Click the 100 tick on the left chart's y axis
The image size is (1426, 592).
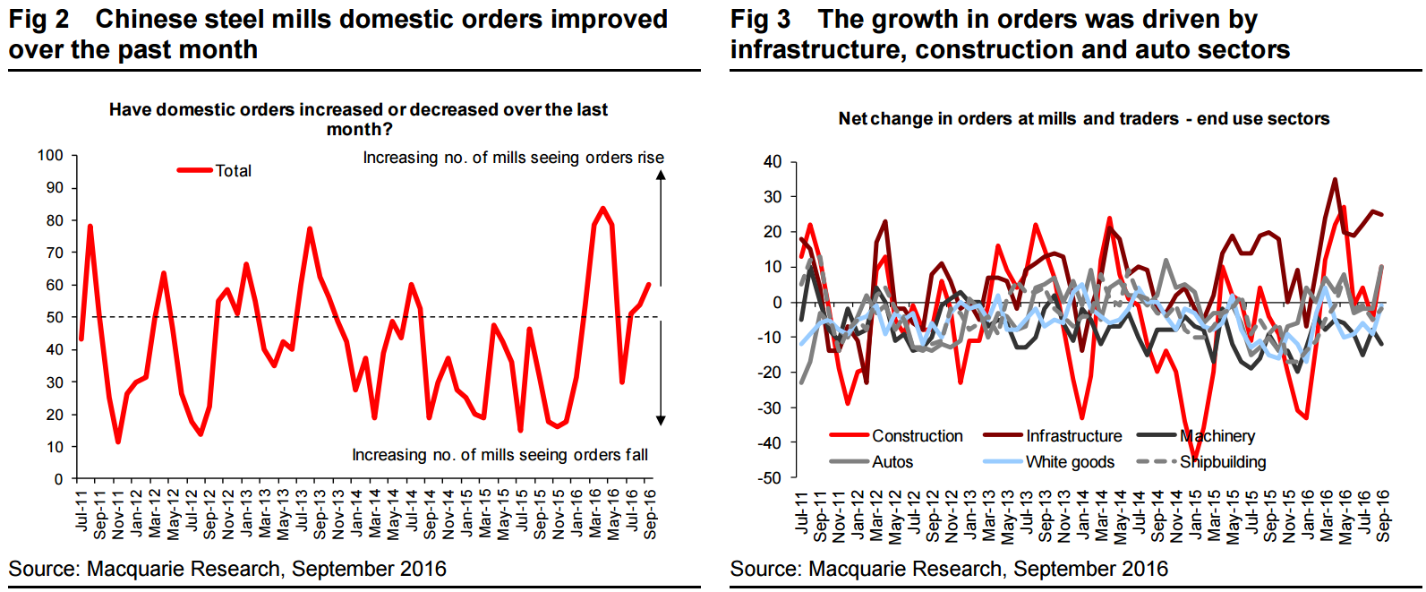coord(50,156)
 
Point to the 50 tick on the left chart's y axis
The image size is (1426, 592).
coord(55,318)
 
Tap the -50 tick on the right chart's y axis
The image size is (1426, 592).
coord(770,478)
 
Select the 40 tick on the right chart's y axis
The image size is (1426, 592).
coord(773,162)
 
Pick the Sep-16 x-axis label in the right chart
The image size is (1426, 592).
coord(1383,515)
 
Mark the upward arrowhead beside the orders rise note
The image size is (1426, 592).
coord(661,176)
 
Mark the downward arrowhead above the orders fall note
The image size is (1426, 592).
coord(661,420)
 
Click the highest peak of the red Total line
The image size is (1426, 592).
coord(602,208)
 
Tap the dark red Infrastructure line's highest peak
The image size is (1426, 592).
coord(1335,179)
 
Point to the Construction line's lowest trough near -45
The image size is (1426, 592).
coord(1195,459)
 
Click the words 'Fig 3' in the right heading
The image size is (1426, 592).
coord(760,19)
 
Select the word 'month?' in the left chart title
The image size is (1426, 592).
coord(359,130)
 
